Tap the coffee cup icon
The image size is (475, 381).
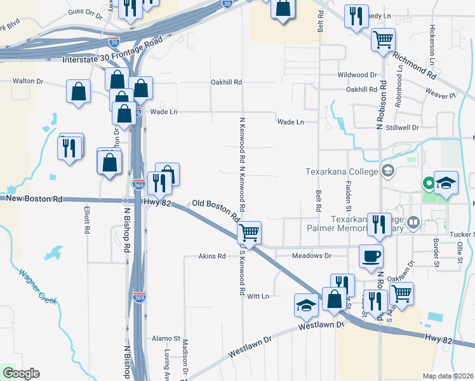pos(371,256)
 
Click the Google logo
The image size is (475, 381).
pos(21,373)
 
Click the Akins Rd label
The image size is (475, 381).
pos(212,257)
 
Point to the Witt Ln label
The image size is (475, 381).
pos(258,296)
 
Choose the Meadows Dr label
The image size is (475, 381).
pos(312,256)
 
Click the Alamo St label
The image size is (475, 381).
pos(164,339)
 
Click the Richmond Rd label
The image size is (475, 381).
pos(415,66)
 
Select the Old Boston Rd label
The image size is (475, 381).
pos(216,210)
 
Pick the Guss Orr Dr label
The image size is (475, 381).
pos(85,12)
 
